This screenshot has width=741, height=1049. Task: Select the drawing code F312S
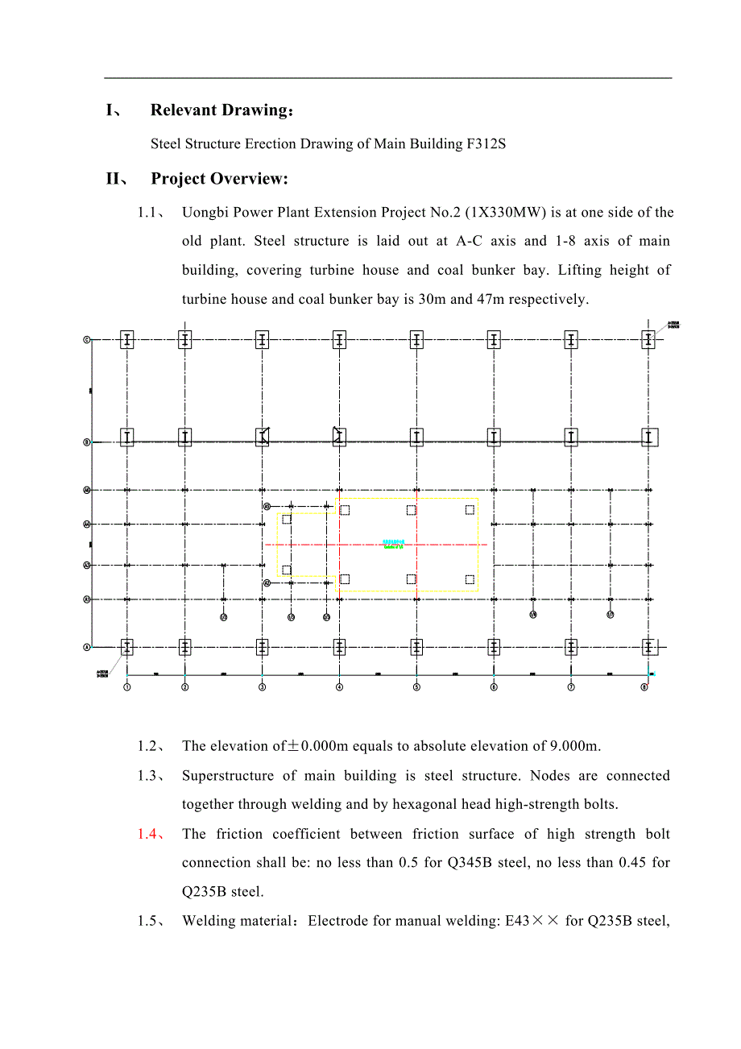[x=486, y=144]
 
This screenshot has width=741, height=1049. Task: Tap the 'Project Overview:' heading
[x=219, y=179]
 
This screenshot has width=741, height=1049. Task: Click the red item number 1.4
[x=148, y=834]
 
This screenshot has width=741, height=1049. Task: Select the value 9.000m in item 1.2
[x=575, y=746]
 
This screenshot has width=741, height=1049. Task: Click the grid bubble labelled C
[x=87, y=340]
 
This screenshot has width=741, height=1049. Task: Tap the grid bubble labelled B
[x=87, y=442]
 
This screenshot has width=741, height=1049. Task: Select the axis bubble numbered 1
[x=127, y=687]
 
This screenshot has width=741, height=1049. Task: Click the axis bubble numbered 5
[x=416, y=687]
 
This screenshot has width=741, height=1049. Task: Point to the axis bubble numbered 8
[x=644, y=687]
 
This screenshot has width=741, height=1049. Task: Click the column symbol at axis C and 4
[x=339, y=340]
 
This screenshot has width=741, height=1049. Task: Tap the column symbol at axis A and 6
[x=494, y=647]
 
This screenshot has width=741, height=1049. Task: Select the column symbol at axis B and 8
[x=648, y=437]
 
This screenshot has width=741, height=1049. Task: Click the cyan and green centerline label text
[x=393, y=545]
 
